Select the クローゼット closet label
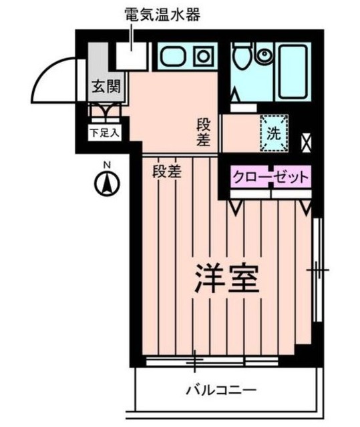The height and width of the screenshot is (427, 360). (271, 177)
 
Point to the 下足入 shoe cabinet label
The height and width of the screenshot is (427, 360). (104, 132)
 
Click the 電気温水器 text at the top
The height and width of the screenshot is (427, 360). (162, 14)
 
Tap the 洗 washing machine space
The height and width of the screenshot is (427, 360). (275, 131)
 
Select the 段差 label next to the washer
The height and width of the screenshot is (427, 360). (204, 132)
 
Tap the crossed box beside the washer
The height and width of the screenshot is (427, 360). (307, 141)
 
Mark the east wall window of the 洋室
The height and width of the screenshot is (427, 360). (318, 270)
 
